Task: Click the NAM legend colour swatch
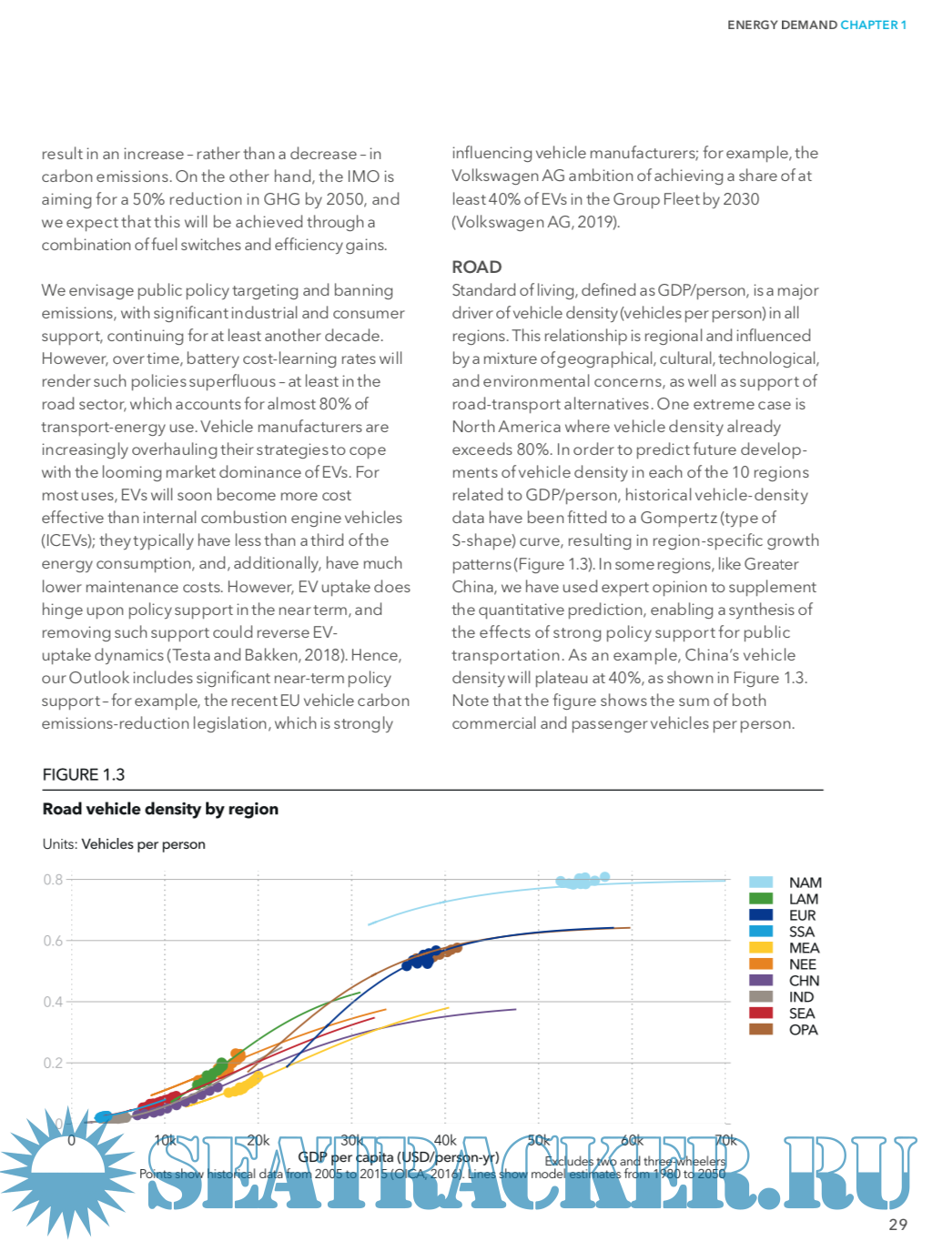coord(761,883)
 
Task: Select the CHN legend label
coord(804,981)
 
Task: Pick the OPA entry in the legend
coord(803,1030)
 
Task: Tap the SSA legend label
coord(802,932)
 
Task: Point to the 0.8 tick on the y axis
coord(53,880)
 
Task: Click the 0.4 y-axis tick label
coord(53,1002)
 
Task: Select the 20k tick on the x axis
coord(258,1140)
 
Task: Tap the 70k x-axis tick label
coord(725,1140)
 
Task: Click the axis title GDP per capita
coord(399,1157)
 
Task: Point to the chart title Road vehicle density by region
coord(160,809)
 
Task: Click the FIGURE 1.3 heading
coord(84,774)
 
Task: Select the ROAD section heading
coord(477,267)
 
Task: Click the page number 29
coord(897,1225)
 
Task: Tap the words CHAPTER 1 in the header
coord(874,25)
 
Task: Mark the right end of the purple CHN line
coord(515,1009)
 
